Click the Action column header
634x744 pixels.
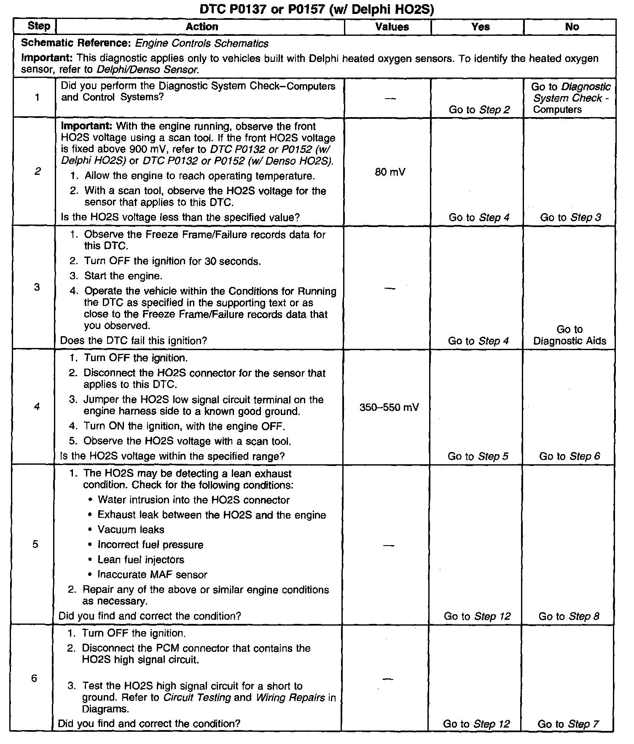pos(202,27)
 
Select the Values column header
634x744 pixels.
pos(392,27)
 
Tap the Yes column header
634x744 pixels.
pos(480,27)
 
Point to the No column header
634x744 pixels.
pos(572,27)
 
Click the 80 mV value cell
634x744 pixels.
pos(390,172)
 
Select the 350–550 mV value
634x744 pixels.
pos(389,407)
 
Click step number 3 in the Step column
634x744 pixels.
pos(37,287)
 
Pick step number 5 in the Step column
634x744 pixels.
pos(35,544)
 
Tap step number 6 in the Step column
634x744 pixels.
pos(34,678)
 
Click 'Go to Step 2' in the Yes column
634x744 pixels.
pos(479,110)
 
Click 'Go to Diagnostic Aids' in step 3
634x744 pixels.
pos(570,335)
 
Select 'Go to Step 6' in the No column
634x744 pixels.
pos(570,456)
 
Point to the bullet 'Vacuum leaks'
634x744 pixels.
pos(131,530)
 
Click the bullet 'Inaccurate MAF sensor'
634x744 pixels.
pos(152,575)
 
